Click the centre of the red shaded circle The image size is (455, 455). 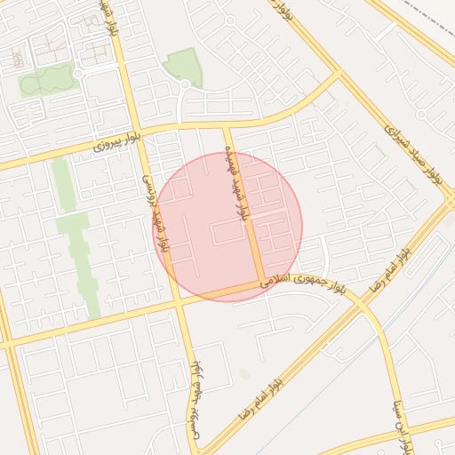tap(229, 227)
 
